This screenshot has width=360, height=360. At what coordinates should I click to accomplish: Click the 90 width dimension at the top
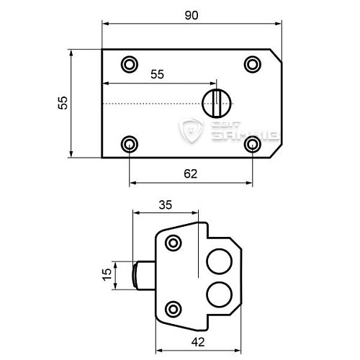(x=190, y=14)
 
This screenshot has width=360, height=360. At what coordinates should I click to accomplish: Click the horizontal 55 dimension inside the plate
(x=158, y=74)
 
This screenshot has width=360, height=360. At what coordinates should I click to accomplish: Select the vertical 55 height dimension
(x=63, y=103)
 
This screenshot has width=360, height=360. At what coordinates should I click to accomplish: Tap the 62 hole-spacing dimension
(x=190, y=173)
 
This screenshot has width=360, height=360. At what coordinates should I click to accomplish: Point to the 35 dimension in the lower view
(x=165, y=204)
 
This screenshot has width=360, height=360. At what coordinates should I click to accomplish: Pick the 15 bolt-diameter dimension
(x=107, y=274)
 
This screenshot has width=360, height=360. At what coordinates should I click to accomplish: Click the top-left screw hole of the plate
(x=130, y=64)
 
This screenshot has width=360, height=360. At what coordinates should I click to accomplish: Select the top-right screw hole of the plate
(x=252, y=64)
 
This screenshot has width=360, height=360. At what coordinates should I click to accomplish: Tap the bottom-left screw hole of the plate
(x=130, y=144)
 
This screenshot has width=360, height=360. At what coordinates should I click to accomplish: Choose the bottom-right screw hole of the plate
(x=252, y=144)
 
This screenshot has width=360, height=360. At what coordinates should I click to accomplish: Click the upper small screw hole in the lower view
(x=173, y=243)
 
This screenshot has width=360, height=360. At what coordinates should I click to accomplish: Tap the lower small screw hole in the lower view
(x=173, y=310)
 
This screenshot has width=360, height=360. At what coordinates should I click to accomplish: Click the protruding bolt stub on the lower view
(x=140, y=274)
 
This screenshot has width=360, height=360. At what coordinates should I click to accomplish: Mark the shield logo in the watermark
(x=192, y=130)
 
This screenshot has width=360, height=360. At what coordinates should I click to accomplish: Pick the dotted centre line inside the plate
(x=155, y=104)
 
